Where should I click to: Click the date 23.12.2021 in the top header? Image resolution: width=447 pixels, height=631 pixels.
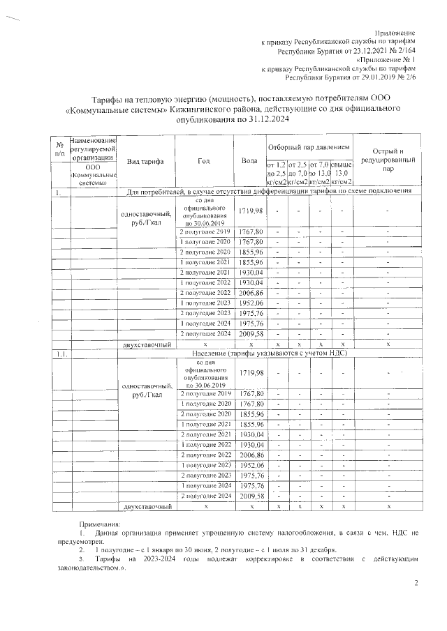pos(360,51)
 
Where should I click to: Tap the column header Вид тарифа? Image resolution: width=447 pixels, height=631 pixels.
pos(145,162)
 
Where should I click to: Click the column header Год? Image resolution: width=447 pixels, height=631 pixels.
pos(204,162)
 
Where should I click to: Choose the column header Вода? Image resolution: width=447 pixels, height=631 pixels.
pos(249,162)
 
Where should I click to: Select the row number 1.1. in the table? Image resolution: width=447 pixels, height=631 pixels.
pos(61,354)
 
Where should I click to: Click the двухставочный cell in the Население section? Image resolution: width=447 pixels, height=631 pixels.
pos(146,505)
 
